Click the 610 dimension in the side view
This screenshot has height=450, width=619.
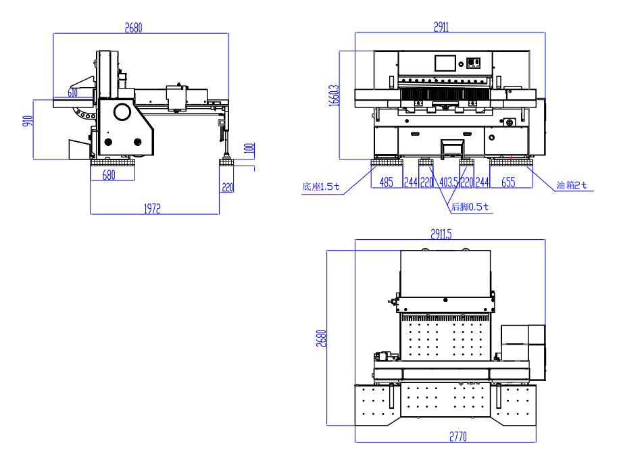[x=72, y=92]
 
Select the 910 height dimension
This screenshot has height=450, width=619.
[x=28, y=122]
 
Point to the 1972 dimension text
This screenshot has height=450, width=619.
[x=151, y=209]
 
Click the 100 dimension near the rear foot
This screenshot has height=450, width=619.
[x=249, y=148]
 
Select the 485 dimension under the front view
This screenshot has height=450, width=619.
[x=386, y=182]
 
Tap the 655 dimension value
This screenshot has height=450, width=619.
[x=508, y=182]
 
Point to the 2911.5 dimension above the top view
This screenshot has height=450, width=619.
[x=441, y=234]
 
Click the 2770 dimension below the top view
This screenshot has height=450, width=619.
[x=457, y=436]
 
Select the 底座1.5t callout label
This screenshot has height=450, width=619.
[x=320, y=186]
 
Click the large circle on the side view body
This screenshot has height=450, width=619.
[x=122, y=111]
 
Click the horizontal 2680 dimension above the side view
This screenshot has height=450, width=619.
[x=134, y=28]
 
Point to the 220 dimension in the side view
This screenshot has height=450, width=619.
[x=227, y=188]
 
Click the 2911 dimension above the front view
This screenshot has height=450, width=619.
[x=441, y=27]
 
